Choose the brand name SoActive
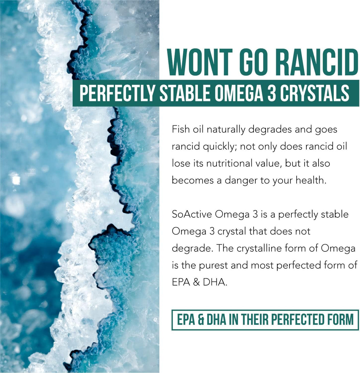[192, 214]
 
